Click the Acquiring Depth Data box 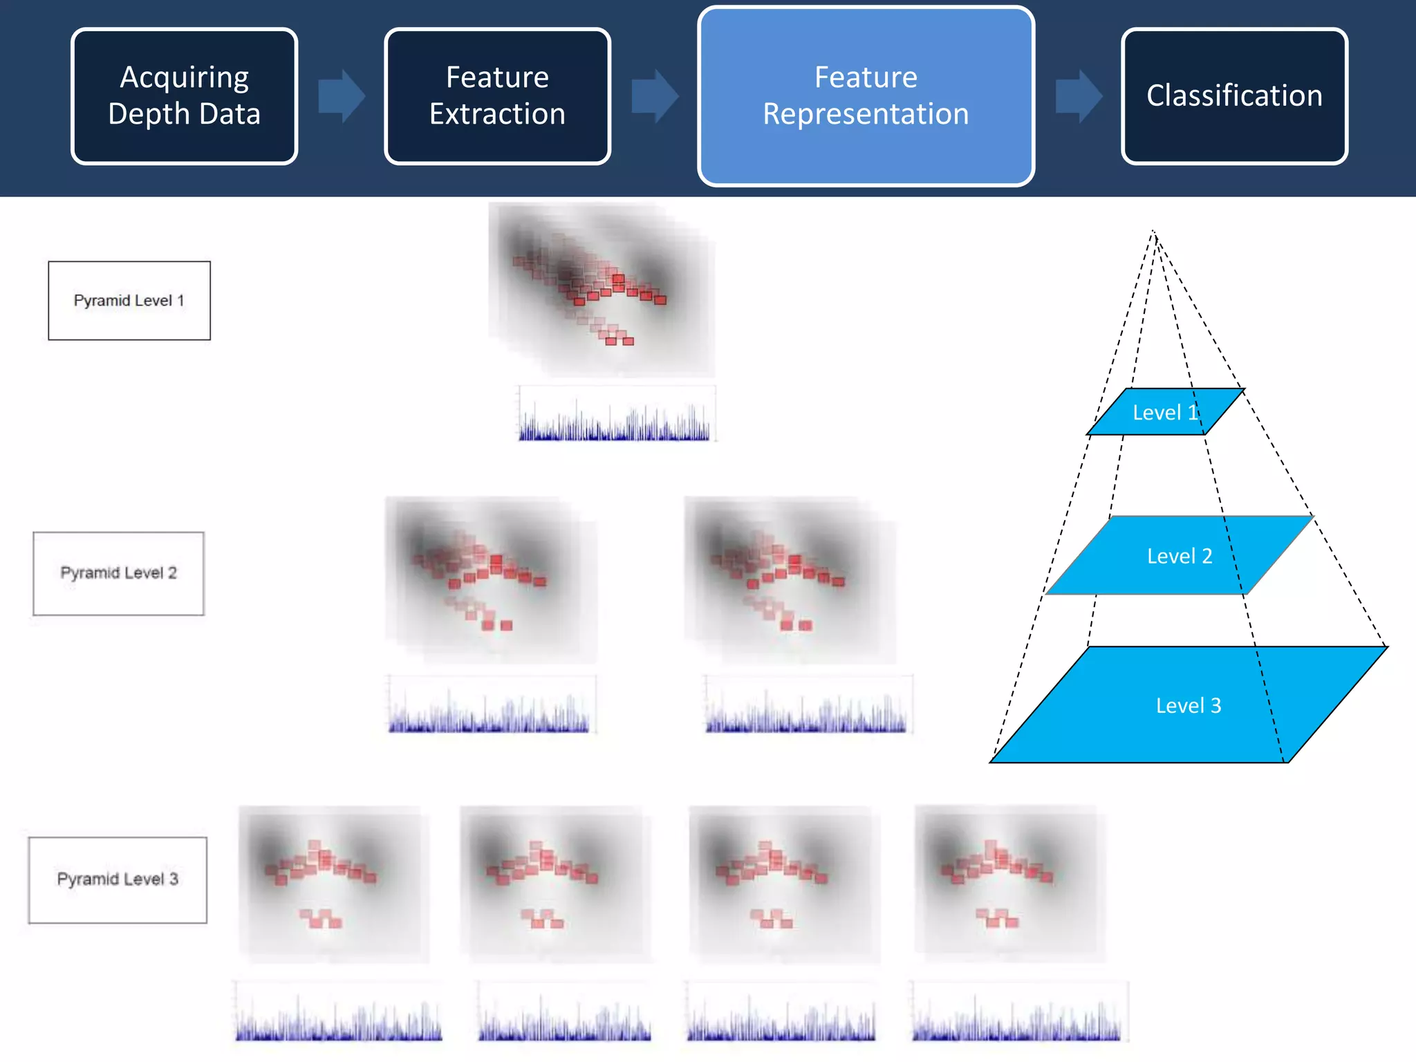(x=184, y=96)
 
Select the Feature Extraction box (x=497, y=96)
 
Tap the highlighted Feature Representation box (x=866, y=96)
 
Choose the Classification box (x=1234, y=96)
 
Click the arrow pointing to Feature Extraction (x=341, y=96)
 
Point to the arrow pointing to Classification (x=1078, y=96)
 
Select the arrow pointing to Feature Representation (x=654, y=96)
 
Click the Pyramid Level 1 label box (x=129, y=300)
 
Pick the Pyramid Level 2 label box (x=118, y=573)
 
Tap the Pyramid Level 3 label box (x=118, y=879)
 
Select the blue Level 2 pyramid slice (x=1179, y=555)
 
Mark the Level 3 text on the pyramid (x=1188, y=705)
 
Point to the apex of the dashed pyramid (x=1153, y=232)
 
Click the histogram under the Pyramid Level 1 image (x=615, y=415)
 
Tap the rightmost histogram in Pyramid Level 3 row (x=1017, y=1012)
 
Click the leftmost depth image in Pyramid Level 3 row (x=333, y=884)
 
